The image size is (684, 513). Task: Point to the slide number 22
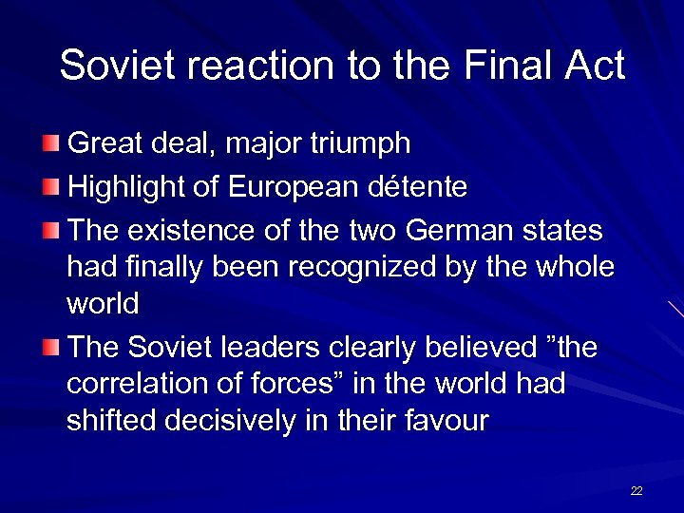(636, 490)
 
